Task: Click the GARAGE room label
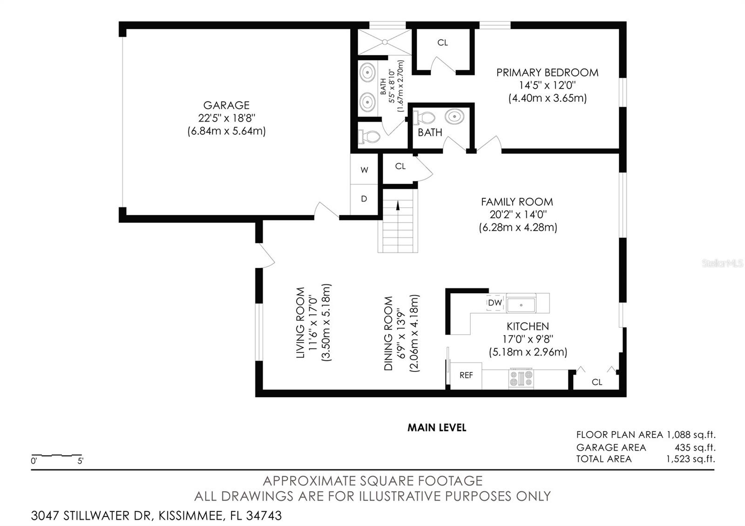tap(226, 105)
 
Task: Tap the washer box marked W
tap(364, 170)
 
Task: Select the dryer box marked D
tap(364, 199)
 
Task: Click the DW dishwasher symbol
tap(495, 303)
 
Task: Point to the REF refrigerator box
tap(466, 375)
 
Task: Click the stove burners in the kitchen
tap(521, 378)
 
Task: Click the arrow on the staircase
tap(398, 205)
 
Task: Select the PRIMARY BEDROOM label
tap(547, 73)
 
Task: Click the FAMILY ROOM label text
tap(517, 202)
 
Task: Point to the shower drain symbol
tap(385, 42)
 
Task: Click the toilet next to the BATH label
tap(424, 117)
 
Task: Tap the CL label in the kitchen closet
tap(597, 382)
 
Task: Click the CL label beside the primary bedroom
tap(442, 43)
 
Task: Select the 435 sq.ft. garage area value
tap(695, 447)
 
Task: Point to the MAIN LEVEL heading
tap(437, 427)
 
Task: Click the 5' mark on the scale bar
tap(80, 461)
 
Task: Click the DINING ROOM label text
tap(388, 333)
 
